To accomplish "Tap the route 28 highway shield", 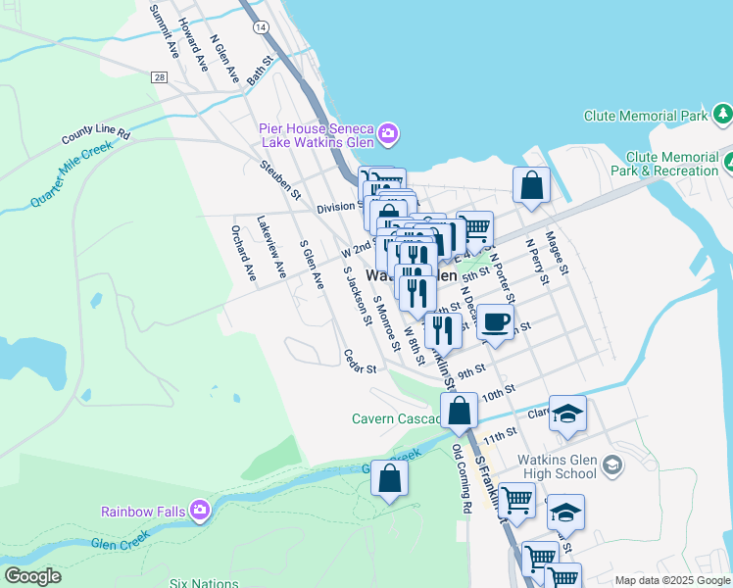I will [159, 76].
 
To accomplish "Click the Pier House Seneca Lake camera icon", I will [388, 132].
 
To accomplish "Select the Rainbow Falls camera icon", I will [200, 510].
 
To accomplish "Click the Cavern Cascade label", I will [396, 418].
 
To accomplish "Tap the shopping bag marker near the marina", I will [530, 185].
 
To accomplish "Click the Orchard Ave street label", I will [242, 253].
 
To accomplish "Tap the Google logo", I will [32, 576].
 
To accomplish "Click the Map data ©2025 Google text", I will [671, 580].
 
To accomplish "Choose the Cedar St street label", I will [360, 362].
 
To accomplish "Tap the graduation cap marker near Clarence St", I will [566, 415].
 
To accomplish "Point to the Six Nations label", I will [203, 582].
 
